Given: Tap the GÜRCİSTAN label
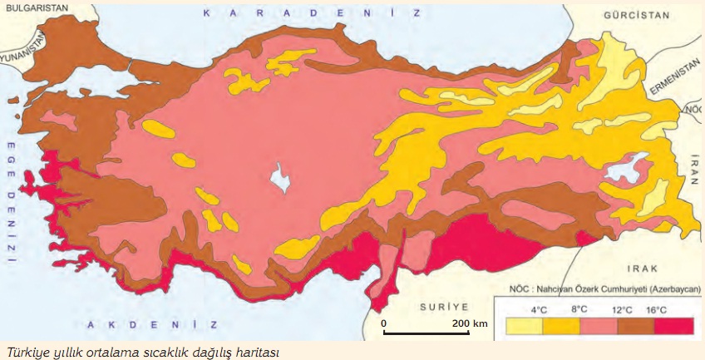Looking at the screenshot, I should (614, 16).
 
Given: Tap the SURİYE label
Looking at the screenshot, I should (443, 306).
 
